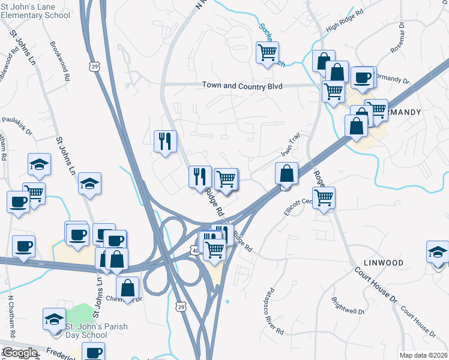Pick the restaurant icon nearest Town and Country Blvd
165,142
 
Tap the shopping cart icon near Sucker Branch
267,52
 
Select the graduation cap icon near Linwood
438,253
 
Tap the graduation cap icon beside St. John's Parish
55,319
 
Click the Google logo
19,353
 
